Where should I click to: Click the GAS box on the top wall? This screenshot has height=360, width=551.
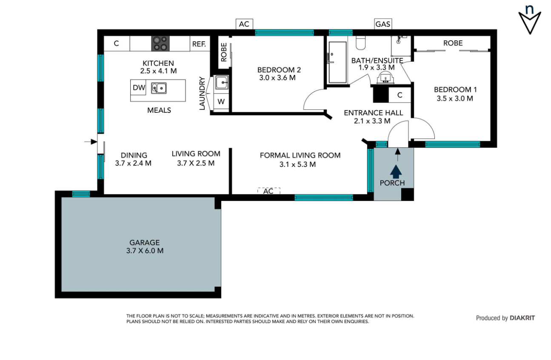383,24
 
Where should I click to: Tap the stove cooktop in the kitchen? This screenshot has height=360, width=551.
160,43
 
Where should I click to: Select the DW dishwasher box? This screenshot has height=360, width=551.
138,87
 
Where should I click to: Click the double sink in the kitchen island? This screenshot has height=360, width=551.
159,88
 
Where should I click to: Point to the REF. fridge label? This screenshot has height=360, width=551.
199,44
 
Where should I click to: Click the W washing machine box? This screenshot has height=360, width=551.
221,101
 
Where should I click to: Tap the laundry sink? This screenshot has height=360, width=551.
222,82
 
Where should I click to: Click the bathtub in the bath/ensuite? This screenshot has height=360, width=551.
337,62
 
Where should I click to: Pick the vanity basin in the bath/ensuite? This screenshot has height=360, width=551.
385,77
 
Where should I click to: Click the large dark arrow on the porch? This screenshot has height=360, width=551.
396,171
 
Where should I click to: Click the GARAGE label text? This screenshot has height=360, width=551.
145,243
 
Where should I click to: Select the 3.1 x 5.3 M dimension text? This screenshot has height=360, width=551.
298,164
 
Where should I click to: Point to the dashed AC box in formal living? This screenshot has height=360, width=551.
268,191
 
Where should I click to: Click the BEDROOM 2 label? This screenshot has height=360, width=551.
279,70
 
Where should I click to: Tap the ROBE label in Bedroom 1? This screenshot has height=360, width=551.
453,43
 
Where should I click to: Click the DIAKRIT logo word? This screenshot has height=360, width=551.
522,318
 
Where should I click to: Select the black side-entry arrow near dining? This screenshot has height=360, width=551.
91,142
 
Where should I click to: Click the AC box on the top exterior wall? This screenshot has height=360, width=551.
244,24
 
